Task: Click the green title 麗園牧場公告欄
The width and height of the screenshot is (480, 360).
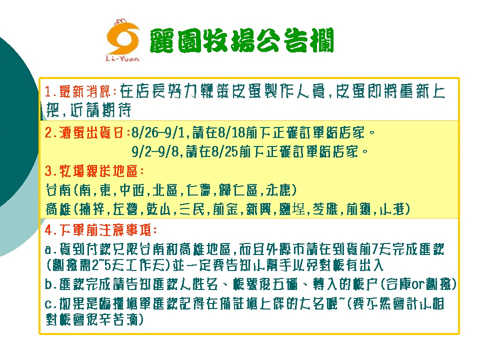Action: (x=241, y=40)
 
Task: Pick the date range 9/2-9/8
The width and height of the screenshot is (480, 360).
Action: (x=155, y=151)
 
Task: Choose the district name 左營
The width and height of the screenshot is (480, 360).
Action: (x=126, y=209)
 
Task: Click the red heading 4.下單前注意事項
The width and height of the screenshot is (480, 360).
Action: (x=101, y=230)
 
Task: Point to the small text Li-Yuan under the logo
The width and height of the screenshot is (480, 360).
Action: (x=122, y=58)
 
